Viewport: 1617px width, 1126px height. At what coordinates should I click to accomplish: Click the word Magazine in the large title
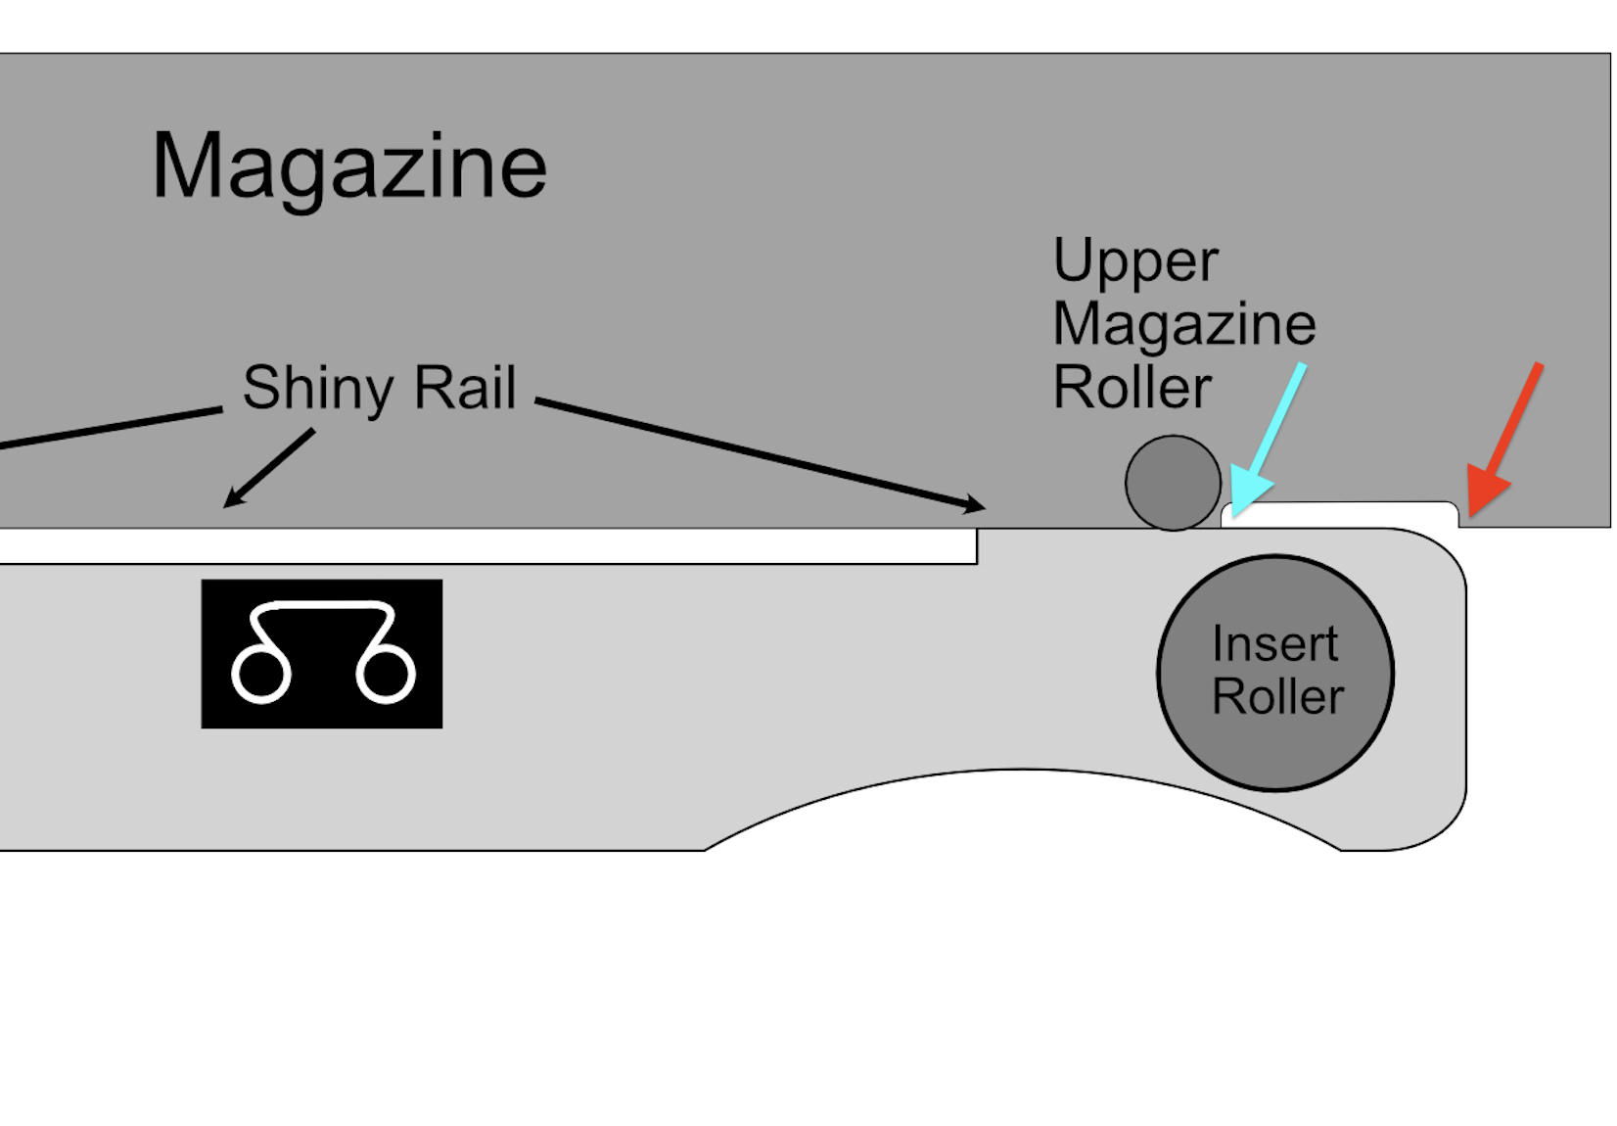click(348, 166)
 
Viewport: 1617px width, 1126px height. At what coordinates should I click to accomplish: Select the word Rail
click(465, 388)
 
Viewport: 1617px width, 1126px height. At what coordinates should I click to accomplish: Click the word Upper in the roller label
click(1135, 262)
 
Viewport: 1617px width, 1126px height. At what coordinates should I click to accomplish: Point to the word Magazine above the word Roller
click(1184, 324)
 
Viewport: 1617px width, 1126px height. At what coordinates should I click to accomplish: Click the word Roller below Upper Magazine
click(1132, 388)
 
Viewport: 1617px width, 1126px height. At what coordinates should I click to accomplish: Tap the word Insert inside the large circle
click(1274, 644)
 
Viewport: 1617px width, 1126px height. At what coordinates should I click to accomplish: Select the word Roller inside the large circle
click(1277, 697)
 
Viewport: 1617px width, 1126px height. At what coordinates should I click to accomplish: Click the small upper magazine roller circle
click(1173, 483)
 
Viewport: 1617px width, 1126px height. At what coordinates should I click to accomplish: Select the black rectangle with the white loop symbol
click(321, 653)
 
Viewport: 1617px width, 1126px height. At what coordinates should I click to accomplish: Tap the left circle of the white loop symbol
click(261, 673)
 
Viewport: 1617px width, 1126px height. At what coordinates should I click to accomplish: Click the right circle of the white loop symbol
click(386, 673)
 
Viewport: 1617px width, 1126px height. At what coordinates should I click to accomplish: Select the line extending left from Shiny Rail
click(108, 429)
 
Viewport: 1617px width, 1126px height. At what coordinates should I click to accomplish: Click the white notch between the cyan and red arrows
click(1341, 514)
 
